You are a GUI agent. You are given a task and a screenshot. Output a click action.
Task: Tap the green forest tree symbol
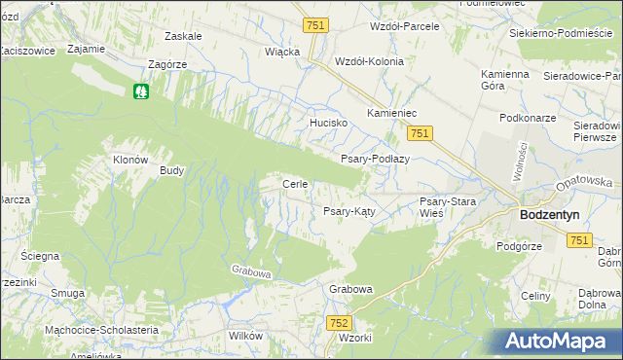click(x=142, y=91)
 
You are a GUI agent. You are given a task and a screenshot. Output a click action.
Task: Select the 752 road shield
click(x=339, y=322)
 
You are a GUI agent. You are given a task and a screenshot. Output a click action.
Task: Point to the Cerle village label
click(x=295, y=184)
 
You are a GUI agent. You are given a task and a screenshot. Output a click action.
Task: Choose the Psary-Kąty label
click(x=349, y=211)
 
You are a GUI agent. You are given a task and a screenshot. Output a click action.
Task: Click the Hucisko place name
click(x=329, y=124)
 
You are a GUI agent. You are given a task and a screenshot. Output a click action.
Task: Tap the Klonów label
click(x=130, y=160)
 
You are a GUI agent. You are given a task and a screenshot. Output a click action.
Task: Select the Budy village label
click(x=172, y=169)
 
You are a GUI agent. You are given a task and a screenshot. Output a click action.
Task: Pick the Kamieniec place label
click(x=392, y=114)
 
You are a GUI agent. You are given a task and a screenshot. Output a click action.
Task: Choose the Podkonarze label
click(x=525, y=117)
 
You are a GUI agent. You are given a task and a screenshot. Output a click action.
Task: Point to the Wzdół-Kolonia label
click(x=368, y=60)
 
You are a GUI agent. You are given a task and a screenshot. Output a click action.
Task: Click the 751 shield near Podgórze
click(x=580, y=239)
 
